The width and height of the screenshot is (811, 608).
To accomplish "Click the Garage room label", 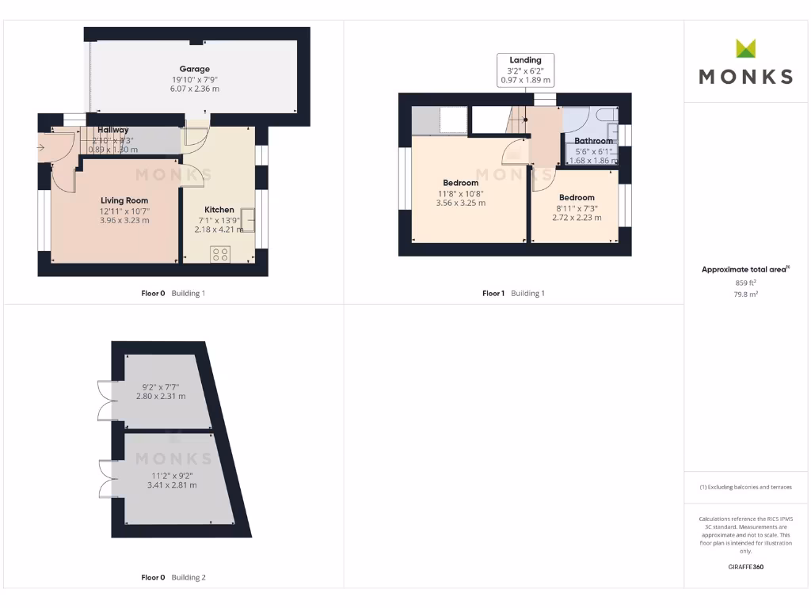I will (194, 69).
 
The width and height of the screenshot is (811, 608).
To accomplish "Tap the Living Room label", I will (124, 200).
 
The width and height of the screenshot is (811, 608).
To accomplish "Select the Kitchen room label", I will (218, 210).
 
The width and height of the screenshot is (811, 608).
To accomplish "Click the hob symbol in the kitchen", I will (220, 254).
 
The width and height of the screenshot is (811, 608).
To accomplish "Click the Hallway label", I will (113, 130).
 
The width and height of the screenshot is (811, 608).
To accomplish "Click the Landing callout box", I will (525, 70).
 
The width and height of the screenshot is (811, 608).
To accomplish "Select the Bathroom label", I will (593, 141).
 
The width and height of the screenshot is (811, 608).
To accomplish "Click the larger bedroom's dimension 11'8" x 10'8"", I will (460, 193).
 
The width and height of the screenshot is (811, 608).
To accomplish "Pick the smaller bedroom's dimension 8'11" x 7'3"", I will (576, 207).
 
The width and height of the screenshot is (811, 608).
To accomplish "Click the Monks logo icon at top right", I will (745, 48).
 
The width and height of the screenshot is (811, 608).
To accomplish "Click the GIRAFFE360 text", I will (745, 567).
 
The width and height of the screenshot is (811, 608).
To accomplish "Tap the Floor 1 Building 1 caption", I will (513, 293).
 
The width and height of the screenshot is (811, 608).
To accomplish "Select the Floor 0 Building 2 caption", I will (173, 577).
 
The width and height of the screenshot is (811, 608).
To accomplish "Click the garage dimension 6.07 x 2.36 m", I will (194, 89).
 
